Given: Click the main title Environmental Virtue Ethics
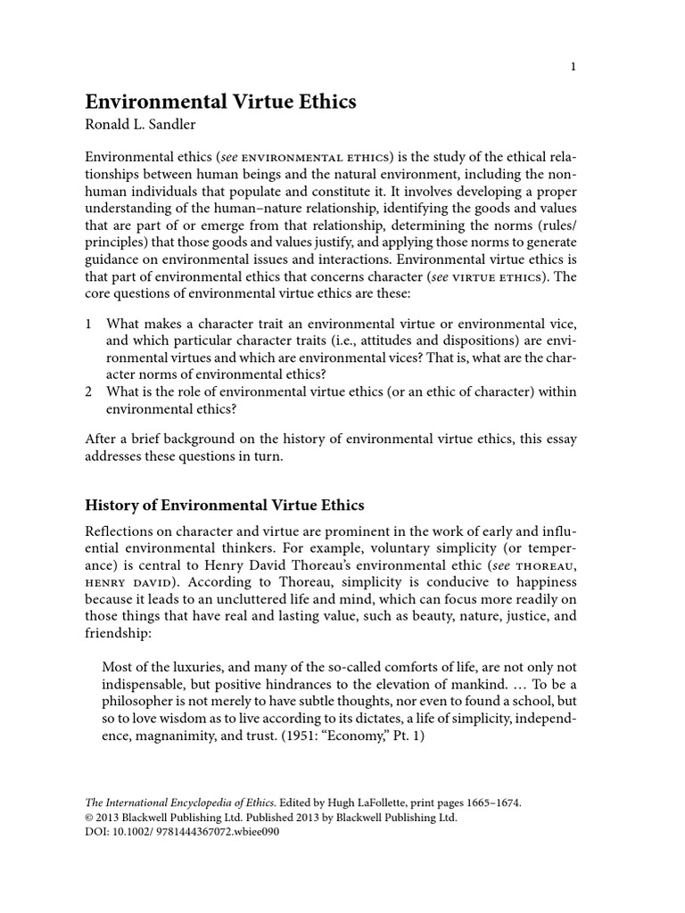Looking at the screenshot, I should [x=220, y=102].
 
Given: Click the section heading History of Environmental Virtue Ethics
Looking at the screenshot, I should [x=224, y=506].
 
